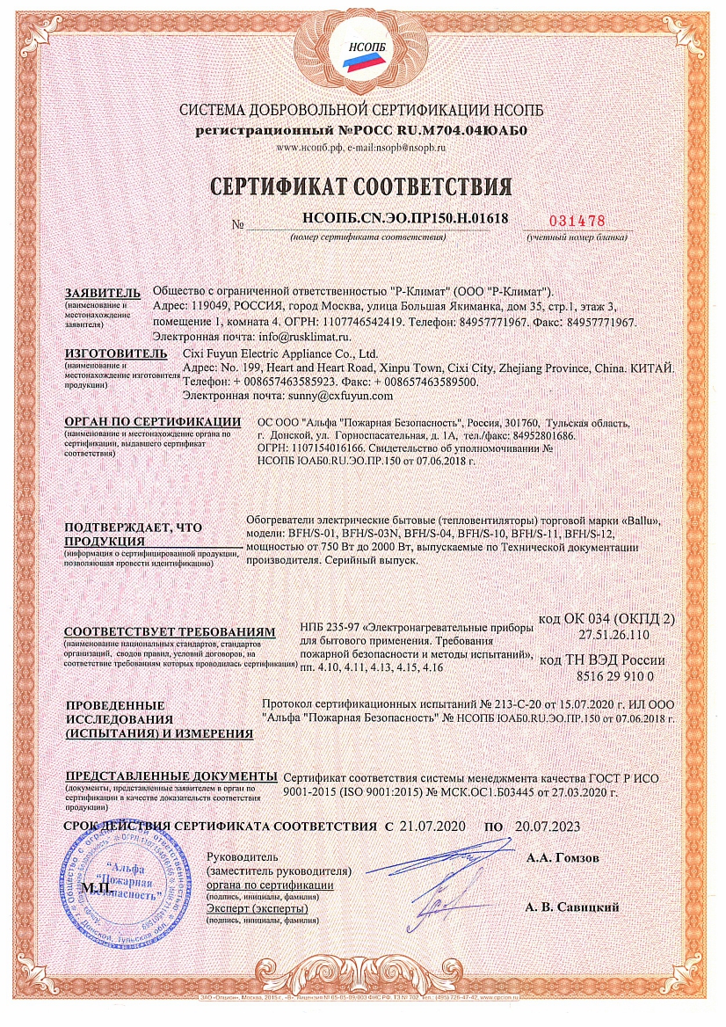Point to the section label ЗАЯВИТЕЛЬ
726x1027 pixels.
tap(102, 292)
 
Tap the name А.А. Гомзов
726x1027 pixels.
tap(563, 855)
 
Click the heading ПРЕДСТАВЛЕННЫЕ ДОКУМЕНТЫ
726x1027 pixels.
tap(172, 777)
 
